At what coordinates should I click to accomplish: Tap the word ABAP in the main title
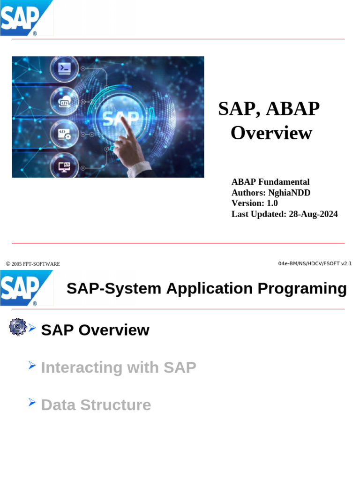(292, 109)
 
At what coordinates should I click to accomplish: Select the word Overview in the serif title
(271, 133)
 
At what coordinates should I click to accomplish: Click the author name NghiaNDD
(289, 193)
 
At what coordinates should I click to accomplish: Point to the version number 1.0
(272, 203)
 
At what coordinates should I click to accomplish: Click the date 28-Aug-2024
(313, 214)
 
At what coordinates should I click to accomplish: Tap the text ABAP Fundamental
(270, 182)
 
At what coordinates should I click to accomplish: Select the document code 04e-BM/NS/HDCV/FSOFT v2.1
(315, 263)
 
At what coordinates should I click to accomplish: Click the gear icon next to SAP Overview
(17, 326)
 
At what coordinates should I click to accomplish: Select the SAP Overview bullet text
(95, 330)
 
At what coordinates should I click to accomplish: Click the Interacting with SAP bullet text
(119, 367)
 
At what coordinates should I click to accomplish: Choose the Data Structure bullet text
(96, 405)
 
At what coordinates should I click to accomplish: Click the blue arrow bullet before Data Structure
(32, 402)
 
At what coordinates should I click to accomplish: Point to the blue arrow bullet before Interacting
(32, 365)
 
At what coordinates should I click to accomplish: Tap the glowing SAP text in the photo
(120, 118)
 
